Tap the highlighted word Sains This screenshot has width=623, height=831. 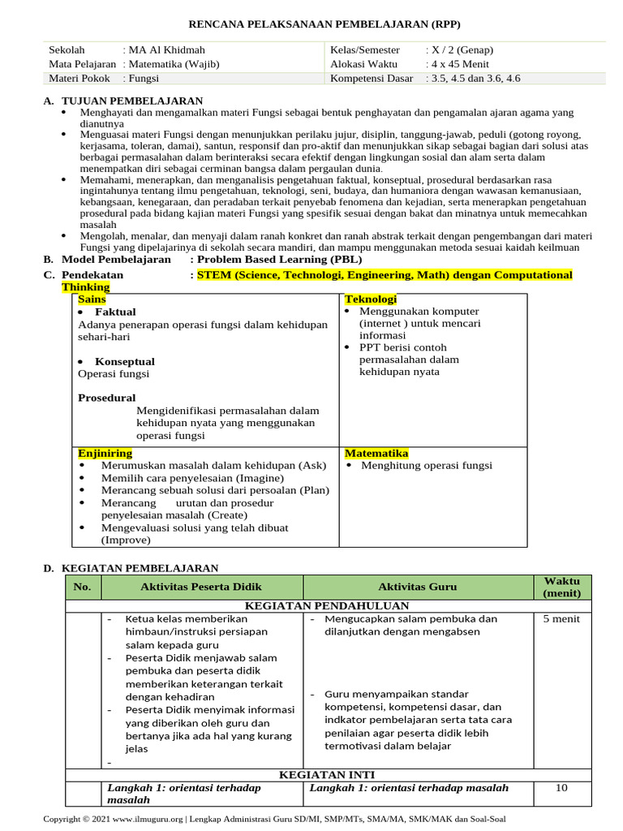(92, 299)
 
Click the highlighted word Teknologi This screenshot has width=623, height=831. (371, 299)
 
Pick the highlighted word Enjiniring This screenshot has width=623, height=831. (105, 453)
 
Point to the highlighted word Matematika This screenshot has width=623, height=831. (376, 453)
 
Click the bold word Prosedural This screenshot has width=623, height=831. (107, 398)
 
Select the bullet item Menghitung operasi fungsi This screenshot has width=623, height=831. (427, 466)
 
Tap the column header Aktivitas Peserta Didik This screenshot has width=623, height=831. (201, 587)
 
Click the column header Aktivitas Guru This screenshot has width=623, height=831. (417, 587)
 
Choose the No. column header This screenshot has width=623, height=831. (82, 587)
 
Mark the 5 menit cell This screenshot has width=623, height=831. (561, 619)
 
